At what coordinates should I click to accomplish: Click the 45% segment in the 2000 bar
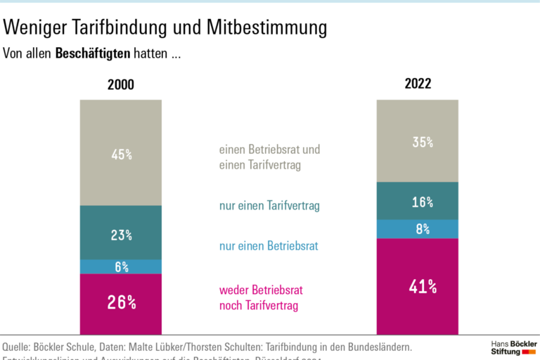click(x=121, y=153)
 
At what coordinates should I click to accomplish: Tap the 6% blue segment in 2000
click(x=121, y=266)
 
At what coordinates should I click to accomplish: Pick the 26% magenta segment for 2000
click(x=121, y=303)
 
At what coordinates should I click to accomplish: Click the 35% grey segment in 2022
click(x=418, y=141)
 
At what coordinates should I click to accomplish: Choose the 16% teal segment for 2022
click(x=418, y=201)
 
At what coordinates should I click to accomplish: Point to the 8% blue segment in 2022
click(x=418, y=229)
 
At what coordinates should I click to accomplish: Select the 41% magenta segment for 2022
click(x=418, y=286)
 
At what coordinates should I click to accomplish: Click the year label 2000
click(x=120, y=85)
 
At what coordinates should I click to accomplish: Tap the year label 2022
click(x=418, y=84)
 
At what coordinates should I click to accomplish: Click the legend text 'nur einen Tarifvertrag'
click(x=269, y=206)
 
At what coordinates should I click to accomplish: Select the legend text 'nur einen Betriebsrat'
click(x=269, y=246)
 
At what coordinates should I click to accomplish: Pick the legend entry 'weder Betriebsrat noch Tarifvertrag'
click(x=260, y=297)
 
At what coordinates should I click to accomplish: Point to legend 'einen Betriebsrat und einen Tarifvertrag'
click(x=269, y=157)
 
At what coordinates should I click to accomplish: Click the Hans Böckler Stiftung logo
click(x=513, y=347)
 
